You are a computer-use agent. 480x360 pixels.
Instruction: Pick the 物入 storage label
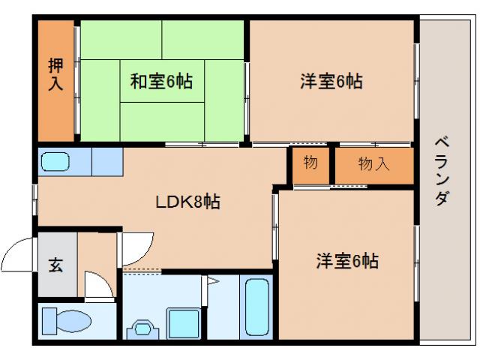click(x=373, y=164)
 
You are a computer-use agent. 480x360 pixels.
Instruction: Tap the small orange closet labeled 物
click(x=310, y=162)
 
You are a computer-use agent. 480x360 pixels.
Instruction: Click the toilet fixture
click(x=66, y=321)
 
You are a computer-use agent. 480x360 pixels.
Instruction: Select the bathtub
click(x=257, y=308)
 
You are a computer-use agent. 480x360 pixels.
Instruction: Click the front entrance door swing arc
click(x=19, y=255)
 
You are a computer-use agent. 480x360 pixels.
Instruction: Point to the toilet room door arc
click(x=96, y=286)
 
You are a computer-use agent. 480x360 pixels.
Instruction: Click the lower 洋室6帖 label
click(x=346, y=262)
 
